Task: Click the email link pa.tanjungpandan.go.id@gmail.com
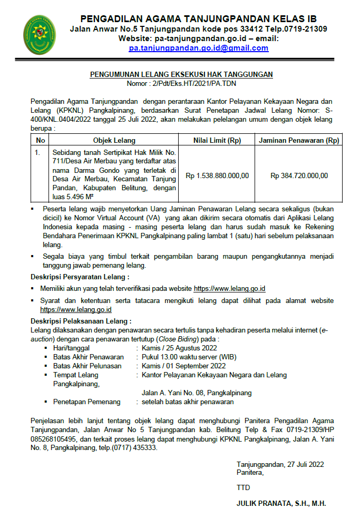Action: (x=199, y=48)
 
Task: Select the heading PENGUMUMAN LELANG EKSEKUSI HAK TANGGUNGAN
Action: (x=181, y=75)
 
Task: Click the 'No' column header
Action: (x=40, y=141)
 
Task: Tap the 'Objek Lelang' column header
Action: (x=114, y=141)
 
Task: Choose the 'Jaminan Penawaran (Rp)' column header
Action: (x=299, y=141)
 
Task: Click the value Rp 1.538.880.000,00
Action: (x=217, y=175)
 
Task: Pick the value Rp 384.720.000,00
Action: (x=299, y=175)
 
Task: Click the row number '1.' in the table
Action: (x=37, y=152)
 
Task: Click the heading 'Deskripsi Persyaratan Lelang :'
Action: (x=80, y=277)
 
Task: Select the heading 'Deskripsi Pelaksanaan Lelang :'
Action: (x=81, y=321)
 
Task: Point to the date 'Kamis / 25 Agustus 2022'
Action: (x=179, y=348)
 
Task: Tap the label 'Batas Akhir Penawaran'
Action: (x=89, y=357)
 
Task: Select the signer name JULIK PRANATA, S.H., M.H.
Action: (x=281, y=504)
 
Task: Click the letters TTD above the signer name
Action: (x=244, y=487)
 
